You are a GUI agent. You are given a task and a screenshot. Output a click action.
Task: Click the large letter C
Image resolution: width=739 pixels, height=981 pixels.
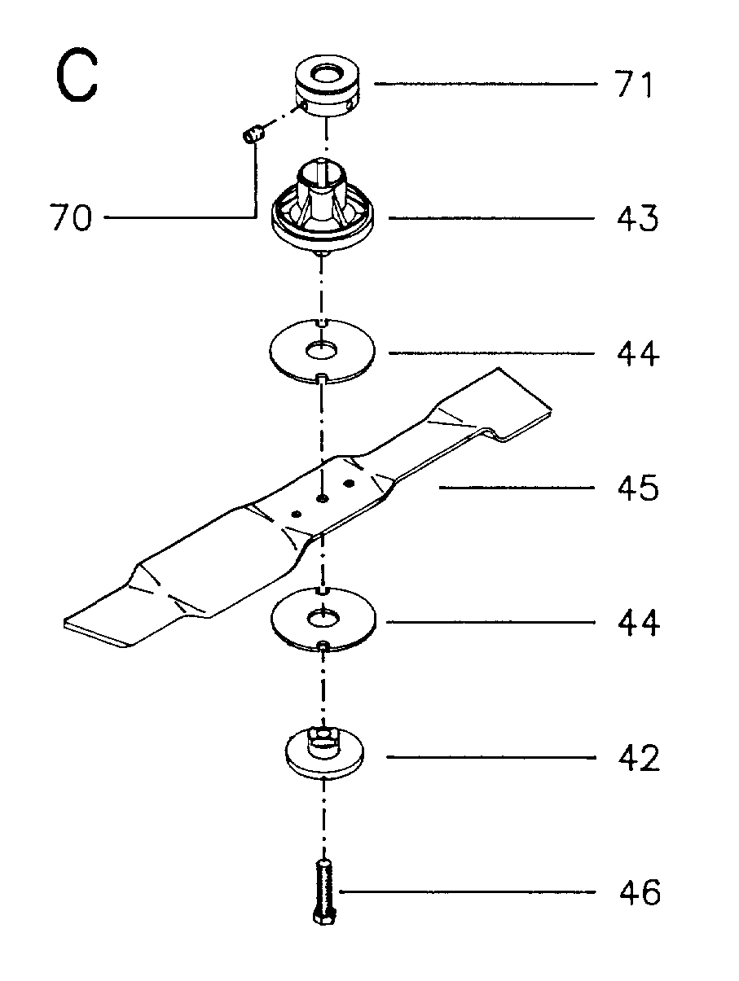77,76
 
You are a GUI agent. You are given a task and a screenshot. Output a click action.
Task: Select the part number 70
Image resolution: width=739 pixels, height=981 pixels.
71,217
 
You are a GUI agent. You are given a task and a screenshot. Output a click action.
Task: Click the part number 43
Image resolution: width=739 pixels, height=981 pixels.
637,218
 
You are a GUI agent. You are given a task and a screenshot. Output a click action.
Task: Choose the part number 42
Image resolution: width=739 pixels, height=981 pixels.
639,757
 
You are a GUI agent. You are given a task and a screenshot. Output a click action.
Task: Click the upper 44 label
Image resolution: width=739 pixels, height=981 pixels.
638,353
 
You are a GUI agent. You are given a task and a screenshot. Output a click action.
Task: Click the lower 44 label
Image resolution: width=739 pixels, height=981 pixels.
639,622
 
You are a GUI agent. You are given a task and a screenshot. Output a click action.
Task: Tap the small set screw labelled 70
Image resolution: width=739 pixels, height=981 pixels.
254,134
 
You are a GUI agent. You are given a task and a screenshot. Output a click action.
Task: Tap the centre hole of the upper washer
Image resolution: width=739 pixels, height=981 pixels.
322,351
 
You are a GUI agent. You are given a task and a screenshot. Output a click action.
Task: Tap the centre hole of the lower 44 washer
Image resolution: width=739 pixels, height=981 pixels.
323,620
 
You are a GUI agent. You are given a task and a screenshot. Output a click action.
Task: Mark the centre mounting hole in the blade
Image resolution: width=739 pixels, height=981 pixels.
322,498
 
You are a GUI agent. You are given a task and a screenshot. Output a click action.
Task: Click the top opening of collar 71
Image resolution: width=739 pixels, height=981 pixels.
328,72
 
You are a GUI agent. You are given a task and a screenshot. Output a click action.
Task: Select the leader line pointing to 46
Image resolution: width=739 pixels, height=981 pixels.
468,891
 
